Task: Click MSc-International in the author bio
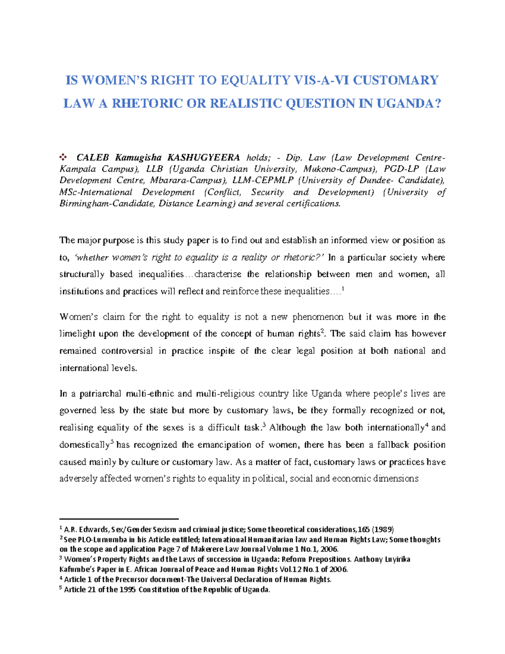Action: (96, 192)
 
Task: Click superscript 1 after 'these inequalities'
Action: (343, 288)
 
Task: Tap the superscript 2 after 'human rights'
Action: (322, 331)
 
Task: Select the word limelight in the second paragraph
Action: (77, 334)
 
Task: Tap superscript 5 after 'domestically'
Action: (112, 442)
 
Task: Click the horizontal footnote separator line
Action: (119, 519)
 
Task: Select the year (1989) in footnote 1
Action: (383, 530)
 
